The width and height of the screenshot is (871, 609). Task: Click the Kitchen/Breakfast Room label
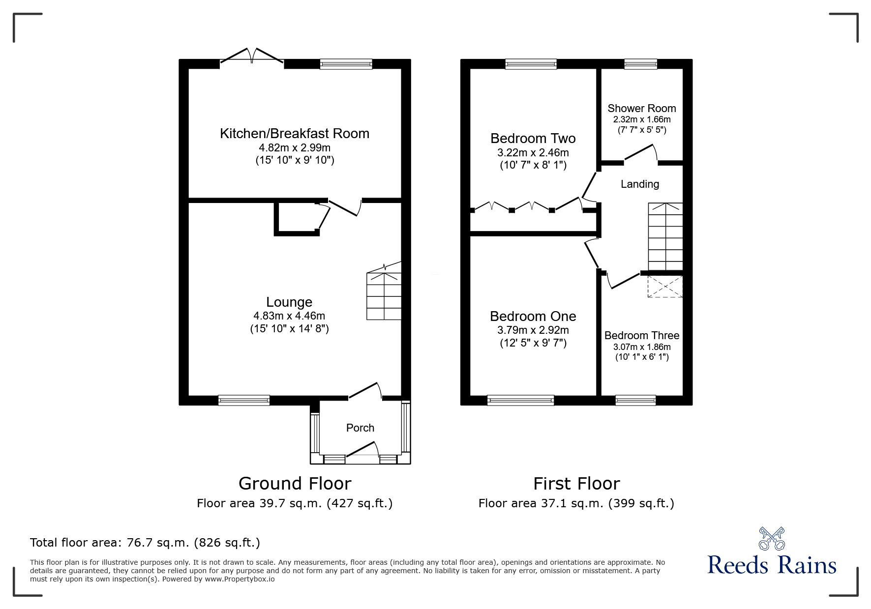click(x=294, y=134)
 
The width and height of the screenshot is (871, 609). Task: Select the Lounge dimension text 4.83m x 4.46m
click(x=289, y=316)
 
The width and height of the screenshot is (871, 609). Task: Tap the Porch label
click(x=360, y=428)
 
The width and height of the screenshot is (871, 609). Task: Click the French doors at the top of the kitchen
click(x=252, y=55)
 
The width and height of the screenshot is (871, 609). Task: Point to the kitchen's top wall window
click(x=346, y=64)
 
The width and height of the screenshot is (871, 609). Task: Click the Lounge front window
click(x=244, y=400)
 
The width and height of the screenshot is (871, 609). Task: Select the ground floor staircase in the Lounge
click(x=384, y=295)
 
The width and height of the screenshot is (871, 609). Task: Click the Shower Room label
click(x=641, y=109)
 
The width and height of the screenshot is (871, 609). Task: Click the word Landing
click(x=639, y=184)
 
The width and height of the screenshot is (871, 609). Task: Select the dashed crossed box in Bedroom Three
click(x=665, y=287)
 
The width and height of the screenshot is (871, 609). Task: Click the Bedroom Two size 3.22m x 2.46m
click(x=533, y=153)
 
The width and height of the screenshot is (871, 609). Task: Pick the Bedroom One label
click(x=533, y=317)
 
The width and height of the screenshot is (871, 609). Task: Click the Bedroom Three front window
click(x=635, y=400)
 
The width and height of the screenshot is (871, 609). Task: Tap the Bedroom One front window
click(x=520, y=400)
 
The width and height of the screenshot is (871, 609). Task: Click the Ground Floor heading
click(x=295, y=484)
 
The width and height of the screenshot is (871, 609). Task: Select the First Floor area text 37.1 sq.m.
click(x=576, y=503)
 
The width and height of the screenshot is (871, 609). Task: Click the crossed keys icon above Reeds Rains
click(x=772, y=539)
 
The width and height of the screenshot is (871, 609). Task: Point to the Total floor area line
click(x=145, y=543)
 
